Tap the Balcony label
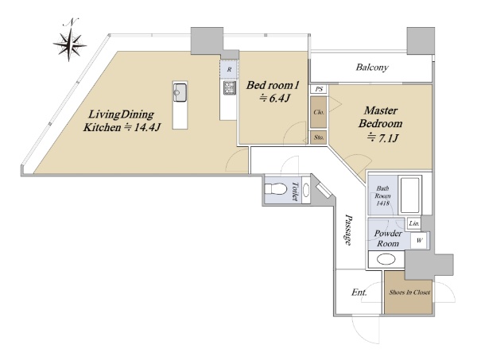[372, 68]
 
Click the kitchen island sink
[180, 93]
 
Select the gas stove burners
[230, 87]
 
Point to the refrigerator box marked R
[229, 69]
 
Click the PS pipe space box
[319, 89]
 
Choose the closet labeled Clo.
[319, 112]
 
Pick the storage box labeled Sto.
[319, 137]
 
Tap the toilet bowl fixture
[276, 189]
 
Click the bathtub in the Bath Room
[409, 195]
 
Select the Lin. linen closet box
[414, 223]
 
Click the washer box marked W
[419, 241]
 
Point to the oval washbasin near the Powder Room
[386, 259]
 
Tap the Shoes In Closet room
[409, 292]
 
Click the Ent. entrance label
[359, 292]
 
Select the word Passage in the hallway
[349, 230]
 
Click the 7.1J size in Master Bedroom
[383, 138]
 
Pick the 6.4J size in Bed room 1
[274, 99]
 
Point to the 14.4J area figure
[142, 127]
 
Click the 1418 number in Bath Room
[382, 203]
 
